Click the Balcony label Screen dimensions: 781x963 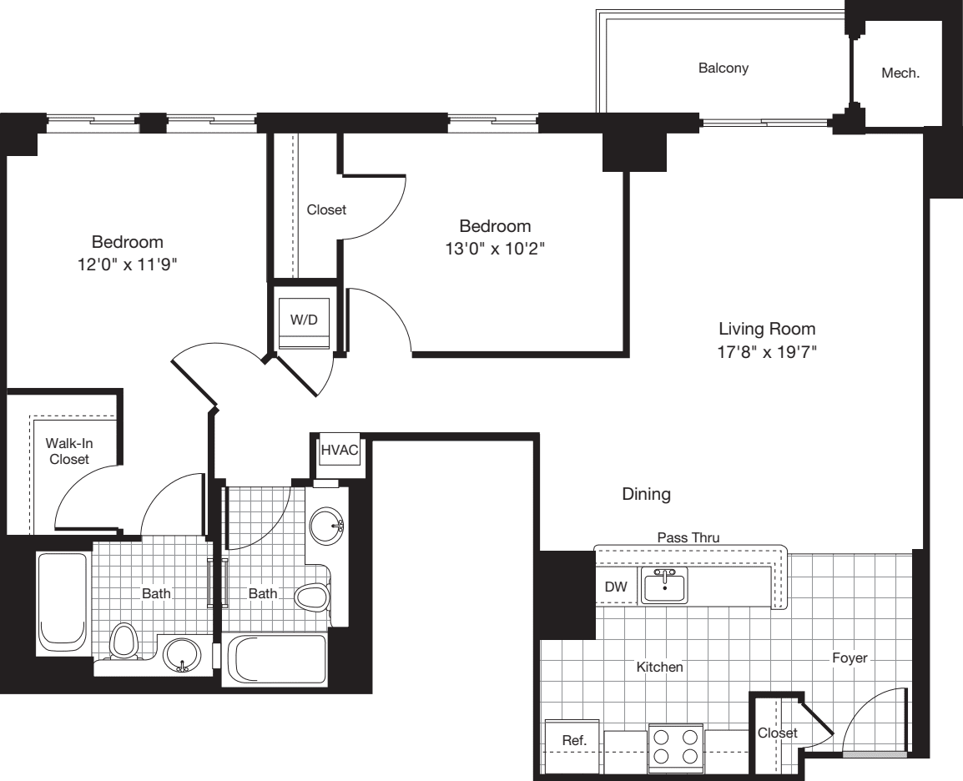(723, 68)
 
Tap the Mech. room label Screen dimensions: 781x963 (900, 73)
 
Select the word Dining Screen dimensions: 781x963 (646, 495)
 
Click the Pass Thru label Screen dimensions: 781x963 (688, 538)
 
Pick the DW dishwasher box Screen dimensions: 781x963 (615, 587)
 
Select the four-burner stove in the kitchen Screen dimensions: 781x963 (676, 747)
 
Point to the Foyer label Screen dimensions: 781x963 (850, 658)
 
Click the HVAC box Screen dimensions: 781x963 (340, 451)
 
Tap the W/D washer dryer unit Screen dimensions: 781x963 (304, 320)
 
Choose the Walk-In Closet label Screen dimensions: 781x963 (70, 451)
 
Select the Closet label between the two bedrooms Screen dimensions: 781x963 (326, 210)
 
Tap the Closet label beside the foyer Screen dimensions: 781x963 (777, 733)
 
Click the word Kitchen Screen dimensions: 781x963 (660, 667)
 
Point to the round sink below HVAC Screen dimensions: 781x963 (325, 527)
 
